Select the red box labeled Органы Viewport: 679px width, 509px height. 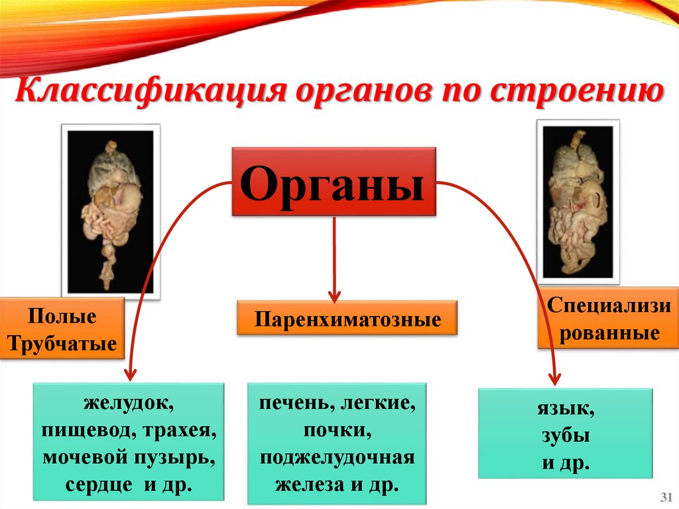coord(334,182)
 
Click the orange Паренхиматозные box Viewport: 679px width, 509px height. coord(348,320)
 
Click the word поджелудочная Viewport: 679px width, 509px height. coord(337,458)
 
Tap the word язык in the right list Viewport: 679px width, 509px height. coord(566,410)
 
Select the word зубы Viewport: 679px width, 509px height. coord(566,436)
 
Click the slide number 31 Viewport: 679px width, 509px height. coord(666,498)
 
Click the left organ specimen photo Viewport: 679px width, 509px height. coord(111,209)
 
